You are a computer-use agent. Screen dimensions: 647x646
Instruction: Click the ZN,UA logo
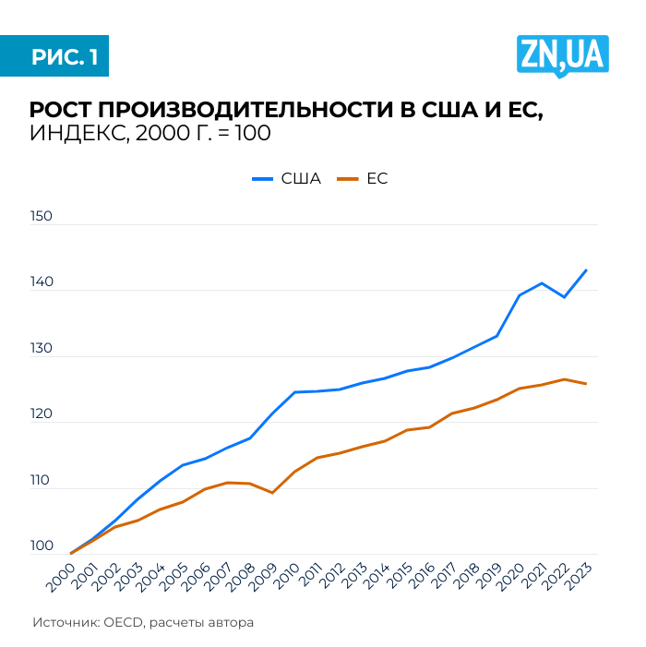[562, 56]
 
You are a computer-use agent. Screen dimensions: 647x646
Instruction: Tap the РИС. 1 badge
[64, 57]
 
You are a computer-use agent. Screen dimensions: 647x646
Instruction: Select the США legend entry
[288, 179]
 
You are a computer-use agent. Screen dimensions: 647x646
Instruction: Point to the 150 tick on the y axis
[42, 218]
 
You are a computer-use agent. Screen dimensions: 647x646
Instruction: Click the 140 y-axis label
[42, 284]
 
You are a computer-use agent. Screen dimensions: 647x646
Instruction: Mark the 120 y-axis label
[42, 416]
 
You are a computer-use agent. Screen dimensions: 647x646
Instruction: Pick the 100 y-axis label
[42, 547]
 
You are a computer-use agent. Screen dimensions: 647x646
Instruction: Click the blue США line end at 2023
[586, 270]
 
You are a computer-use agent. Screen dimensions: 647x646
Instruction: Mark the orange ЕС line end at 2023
[586, 384]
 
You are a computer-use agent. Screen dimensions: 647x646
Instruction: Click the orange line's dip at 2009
[272, 493]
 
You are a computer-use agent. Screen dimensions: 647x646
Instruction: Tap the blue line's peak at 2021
[542, 283]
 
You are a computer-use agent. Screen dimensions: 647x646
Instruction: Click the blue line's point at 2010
[294, 392]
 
